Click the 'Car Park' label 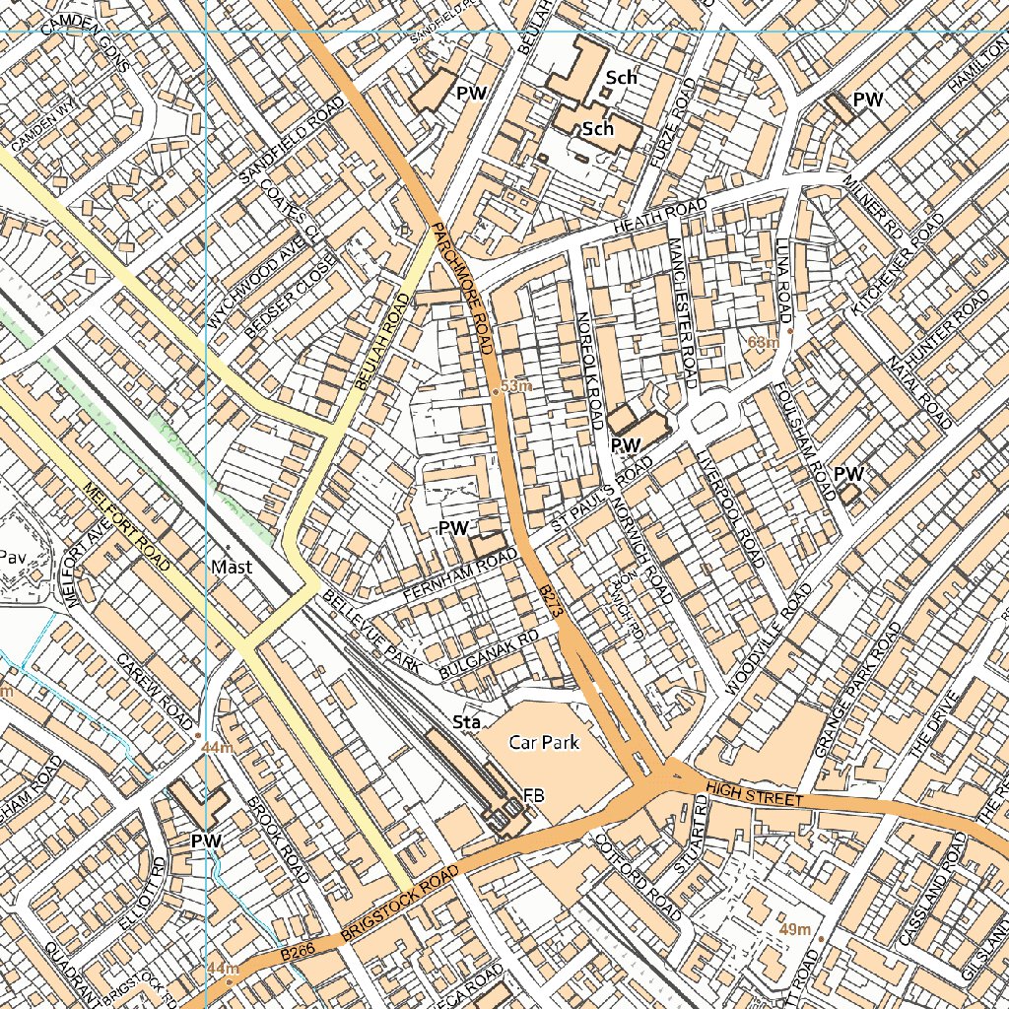tap(543, 742)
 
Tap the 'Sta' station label tap(466, 723)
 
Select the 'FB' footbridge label tap(534, 795)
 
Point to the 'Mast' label tap(232, 568)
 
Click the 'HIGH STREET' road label tap(756, 792)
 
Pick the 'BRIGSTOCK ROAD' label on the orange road tap(399, 903)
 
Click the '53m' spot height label tap(515, 386)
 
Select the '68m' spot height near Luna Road tap(764, 343)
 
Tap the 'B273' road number tap(551, 600)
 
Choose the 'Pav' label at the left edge tap(12, 556)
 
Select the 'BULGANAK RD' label tap(489, 654)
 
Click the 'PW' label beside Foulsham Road tap(848, 474)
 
